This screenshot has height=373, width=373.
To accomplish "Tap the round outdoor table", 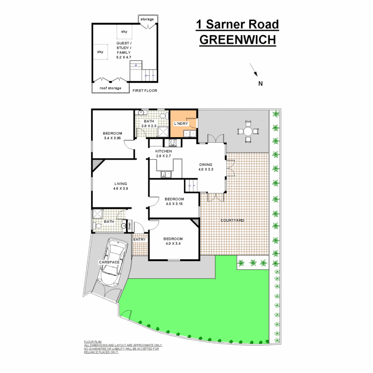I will coord(248,131).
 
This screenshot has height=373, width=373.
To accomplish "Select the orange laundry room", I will coord(183,124).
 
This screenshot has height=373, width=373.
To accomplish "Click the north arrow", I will coord(254,70).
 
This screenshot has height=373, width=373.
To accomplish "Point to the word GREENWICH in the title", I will coord(238,40).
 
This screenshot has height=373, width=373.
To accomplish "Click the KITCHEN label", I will coord(163,152).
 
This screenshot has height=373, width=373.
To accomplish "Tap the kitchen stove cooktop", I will coord(173,142).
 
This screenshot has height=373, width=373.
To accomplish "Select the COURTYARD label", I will coord(232,220).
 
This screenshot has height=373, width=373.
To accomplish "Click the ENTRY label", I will coord(140,239).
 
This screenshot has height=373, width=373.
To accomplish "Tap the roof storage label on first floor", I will coord(110,88).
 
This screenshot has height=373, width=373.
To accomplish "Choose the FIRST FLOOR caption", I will coord(145,91).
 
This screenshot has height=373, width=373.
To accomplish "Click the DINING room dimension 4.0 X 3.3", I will coord(205,170).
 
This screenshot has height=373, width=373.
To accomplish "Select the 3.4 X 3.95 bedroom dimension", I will coord(112,138).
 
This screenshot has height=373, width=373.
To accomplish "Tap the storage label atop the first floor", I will coord(147,19).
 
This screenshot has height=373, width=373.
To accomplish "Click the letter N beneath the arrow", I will coord(260,83).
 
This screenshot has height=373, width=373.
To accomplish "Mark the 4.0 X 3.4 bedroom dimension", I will coord(173,244).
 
